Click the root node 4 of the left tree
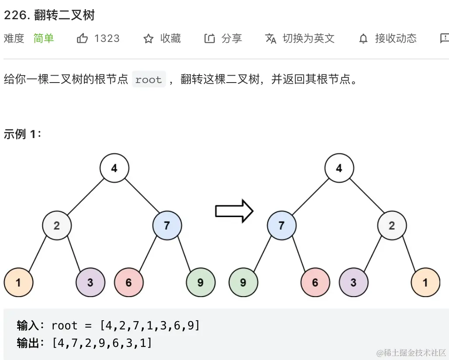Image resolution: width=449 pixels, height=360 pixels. [114, 168]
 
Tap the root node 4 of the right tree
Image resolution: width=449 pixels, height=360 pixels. [339, 168]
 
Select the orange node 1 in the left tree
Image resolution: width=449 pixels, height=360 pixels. [18, 282]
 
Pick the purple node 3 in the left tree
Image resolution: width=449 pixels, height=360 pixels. [90, 282]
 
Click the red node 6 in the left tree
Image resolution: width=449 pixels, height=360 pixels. [129, 282]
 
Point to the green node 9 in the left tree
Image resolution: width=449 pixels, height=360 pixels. [200, 282]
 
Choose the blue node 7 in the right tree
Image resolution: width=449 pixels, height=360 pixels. [281, 225]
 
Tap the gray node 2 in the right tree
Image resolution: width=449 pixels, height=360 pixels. [392, 225]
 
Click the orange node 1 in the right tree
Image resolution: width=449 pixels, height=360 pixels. [425, 282]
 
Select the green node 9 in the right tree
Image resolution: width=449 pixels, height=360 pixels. [243, 282]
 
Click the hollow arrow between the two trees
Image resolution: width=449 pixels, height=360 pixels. [234, 211]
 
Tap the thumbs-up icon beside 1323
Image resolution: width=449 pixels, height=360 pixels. [82, 38]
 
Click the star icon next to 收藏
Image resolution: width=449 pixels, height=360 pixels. [149, 39]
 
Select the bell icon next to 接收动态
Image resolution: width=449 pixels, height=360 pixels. [363, 39]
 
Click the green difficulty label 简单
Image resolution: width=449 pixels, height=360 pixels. [44, 38]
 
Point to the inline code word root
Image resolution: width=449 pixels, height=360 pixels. [149, 80]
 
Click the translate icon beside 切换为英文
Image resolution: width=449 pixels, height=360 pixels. [271, 39]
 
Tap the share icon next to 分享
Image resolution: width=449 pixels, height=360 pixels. [210, 39]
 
